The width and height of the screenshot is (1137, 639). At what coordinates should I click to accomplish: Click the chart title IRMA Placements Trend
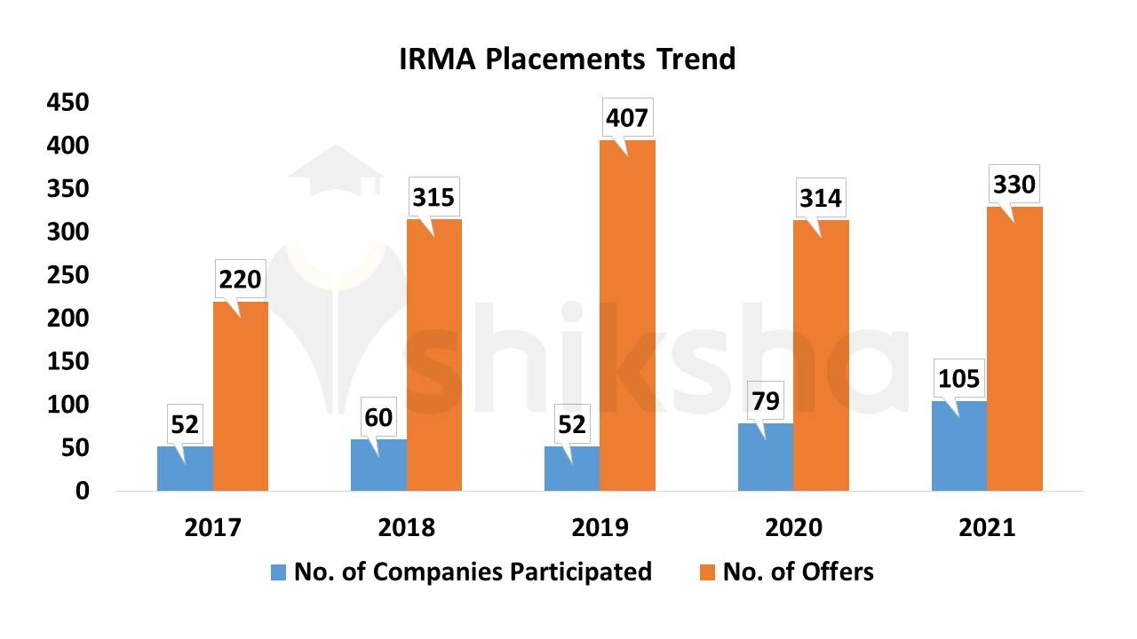(567, 59)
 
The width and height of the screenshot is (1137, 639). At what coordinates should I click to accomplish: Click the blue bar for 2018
(378, 465)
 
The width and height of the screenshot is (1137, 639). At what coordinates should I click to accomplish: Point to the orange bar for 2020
(821, 355)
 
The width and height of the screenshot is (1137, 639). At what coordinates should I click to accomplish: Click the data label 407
(628, 117)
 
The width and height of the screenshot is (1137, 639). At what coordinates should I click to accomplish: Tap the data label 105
(958, 379)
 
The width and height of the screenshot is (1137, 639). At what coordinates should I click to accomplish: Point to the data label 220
(240, 280)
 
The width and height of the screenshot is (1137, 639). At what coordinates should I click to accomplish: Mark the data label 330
(1014, 185)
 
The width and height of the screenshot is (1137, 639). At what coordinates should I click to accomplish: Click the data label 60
(378, 417)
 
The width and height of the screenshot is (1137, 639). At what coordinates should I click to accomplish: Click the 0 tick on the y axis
(82, 491)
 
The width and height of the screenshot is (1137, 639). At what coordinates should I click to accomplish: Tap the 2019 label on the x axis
(600, 527)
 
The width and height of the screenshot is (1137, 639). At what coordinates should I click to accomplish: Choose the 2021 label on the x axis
(987, 527)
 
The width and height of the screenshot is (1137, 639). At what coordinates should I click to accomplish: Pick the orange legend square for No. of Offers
(708, 572)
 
